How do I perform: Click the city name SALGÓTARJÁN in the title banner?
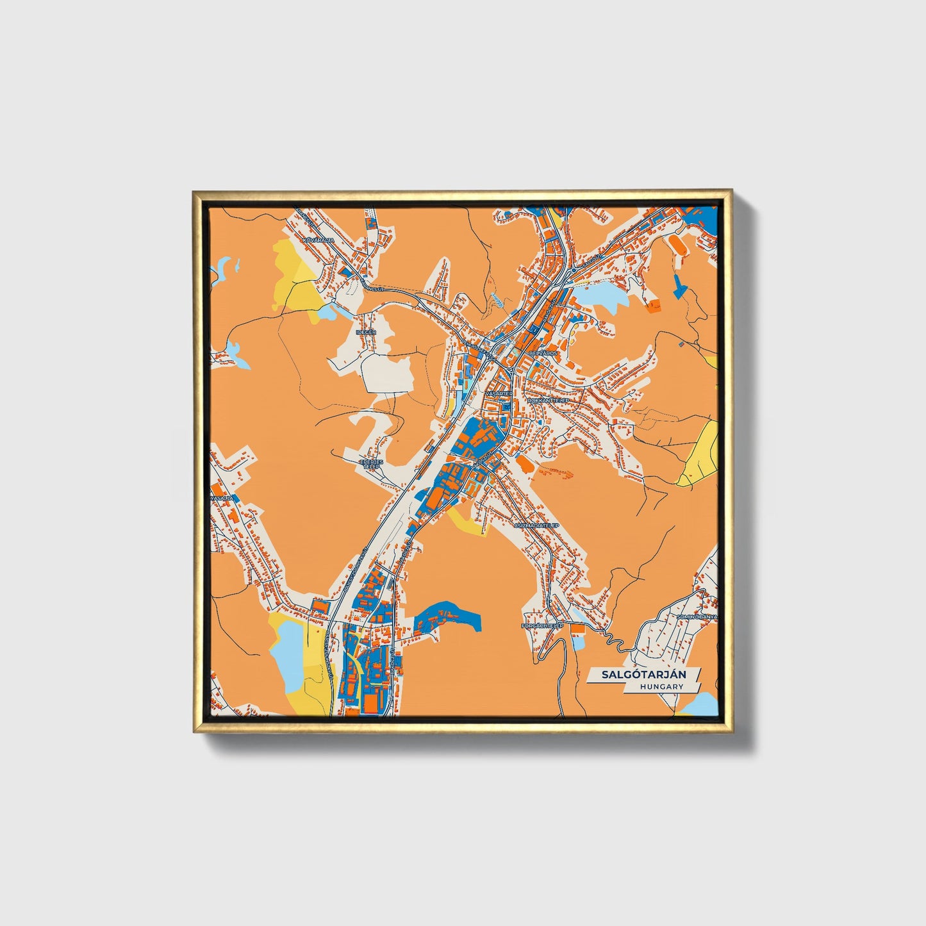[x=644, y=675]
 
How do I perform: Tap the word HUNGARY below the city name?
[x=661, y=687]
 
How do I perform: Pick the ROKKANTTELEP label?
[x=548, y=400]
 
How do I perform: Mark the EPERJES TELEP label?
[x=371, y=464]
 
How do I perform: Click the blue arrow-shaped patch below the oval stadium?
[x=680, y=286]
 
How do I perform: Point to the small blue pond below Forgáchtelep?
[x=579, y=641]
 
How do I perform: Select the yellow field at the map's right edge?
[x=701, y=455]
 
